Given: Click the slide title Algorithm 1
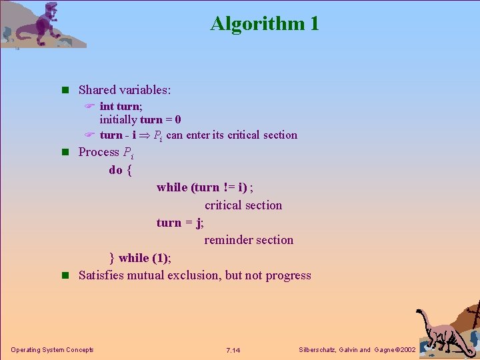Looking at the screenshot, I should click(x=265, y=24).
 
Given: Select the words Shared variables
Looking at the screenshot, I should click(x=125, y=90).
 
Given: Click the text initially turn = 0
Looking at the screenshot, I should click(x=140, y=120).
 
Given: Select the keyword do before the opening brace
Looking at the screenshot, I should click(x=115, y=170).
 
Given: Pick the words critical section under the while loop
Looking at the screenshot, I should click(x=243, y=205).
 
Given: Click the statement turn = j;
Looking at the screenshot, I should click(x=180, y=223).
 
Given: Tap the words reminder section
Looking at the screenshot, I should click(x=249, y=240).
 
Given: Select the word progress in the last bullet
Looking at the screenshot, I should click(x=287, y=275).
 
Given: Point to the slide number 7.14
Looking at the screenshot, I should click(x=233, y=350).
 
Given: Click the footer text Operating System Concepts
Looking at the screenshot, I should click(x=52, y=350).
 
